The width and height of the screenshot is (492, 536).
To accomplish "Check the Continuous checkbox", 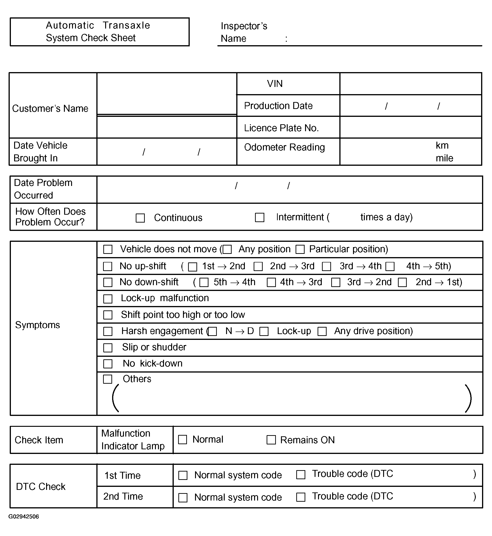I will [140, 218].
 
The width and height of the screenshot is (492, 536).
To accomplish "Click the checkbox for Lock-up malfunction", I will [107, 299].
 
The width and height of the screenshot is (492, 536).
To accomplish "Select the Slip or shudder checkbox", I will [107, 348].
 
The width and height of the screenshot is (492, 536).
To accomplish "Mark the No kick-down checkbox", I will [107, 364].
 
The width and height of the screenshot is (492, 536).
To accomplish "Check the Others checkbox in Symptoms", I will [107, 379].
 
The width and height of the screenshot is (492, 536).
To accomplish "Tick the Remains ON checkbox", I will [271, 440].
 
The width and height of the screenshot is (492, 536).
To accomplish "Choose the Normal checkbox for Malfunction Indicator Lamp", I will [182, 440].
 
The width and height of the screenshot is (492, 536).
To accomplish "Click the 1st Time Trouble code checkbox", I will [301, 475].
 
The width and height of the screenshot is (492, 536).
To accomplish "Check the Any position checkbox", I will [227, 249].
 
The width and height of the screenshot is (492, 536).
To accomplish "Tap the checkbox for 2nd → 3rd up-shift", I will [258, 266].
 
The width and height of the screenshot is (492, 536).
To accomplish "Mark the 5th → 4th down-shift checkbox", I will [204, 282].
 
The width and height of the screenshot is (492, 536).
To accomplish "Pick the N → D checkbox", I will [212, 331].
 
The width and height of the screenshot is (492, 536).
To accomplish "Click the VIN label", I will [275, 84].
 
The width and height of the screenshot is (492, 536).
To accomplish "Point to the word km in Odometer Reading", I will [442, 145].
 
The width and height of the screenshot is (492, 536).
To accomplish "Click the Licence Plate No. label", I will [281, 128].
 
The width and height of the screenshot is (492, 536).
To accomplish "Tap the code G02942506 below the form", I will [24, 517].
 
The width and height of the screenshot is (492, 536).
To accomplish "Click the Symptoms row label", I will [38, 325].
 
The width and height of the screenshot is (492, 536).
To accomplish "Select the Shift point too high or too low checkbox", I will [107, 315].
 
